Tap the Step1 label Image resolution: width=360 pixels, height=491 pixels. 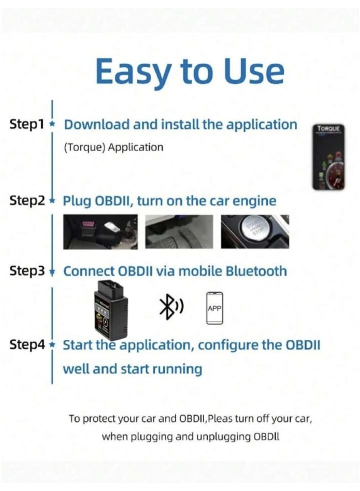(27, 125)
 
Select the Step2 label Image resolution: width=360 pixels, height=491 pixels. (27, 201)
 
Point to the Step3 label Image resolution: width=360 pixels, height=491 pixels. (27, 271)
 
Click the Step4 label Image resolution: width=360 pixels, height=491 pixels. (27, 346)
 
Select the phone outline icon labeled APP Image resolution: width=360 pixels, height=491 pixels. (215, 308)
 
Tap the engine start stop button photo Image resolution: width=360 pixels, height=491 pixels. (255, 231)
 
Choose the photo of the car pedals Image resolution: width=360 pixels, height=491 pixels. (179, 231)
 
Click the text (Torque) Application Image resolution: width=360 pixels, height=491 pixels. (113, 148)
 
